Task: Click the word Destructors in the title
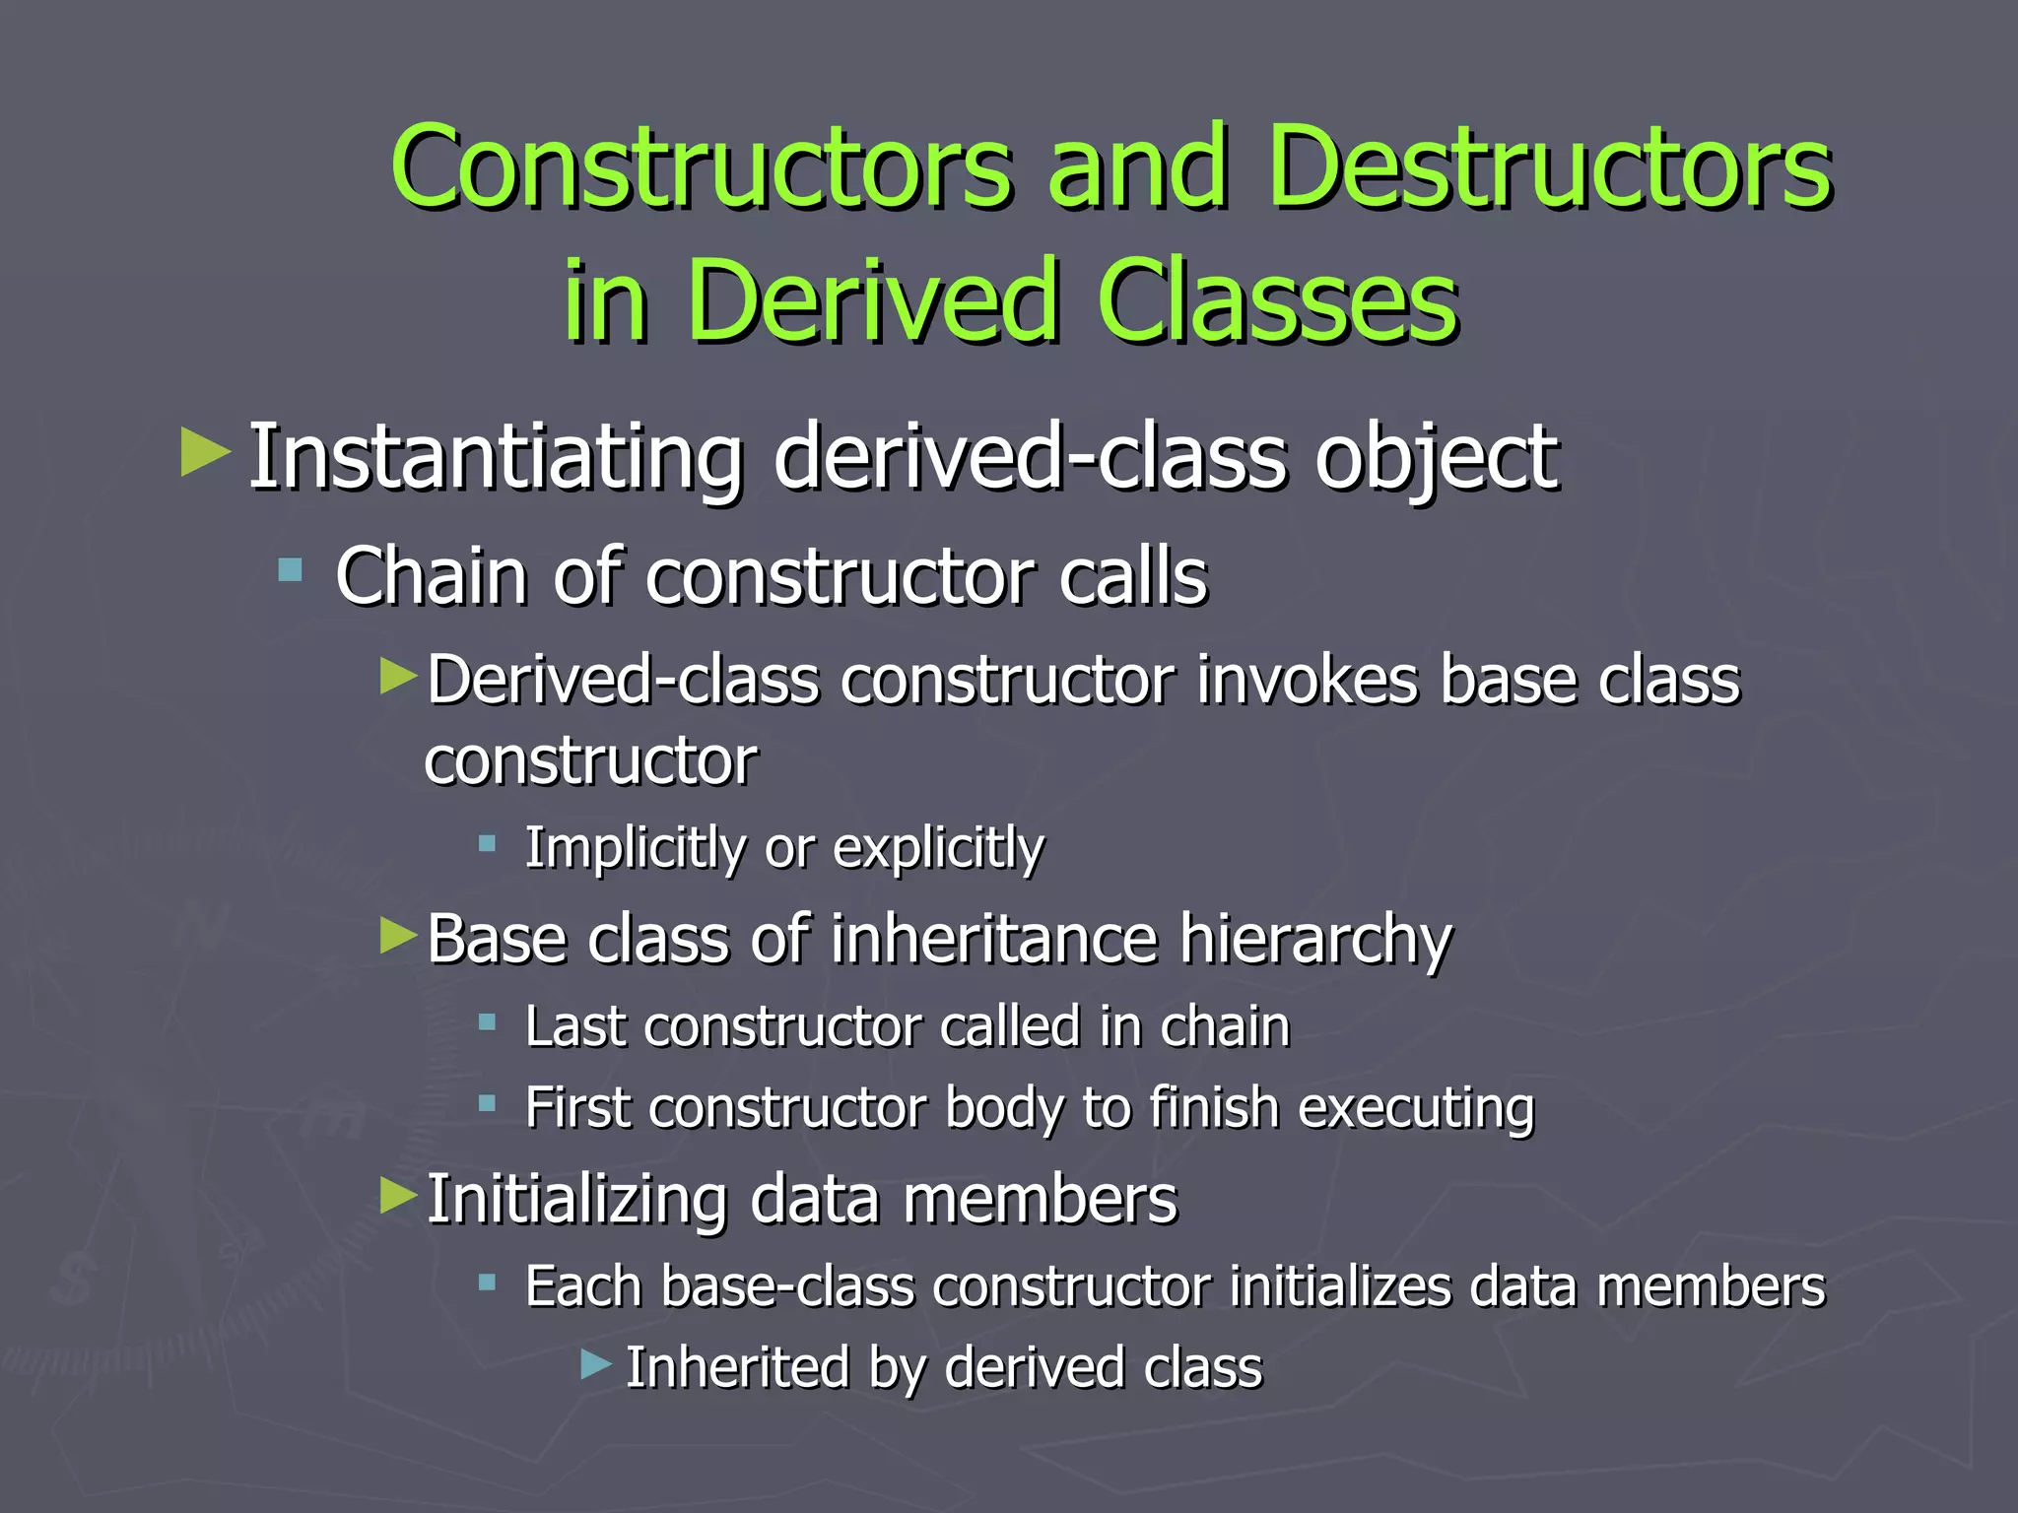[1549, 167]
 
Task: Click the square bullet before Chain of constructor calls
[290, 569]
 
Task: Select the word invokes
[1307, 681]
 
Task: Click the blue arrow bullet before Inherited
[596, 1364]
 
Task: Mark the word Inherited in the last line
[738, 1368]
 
